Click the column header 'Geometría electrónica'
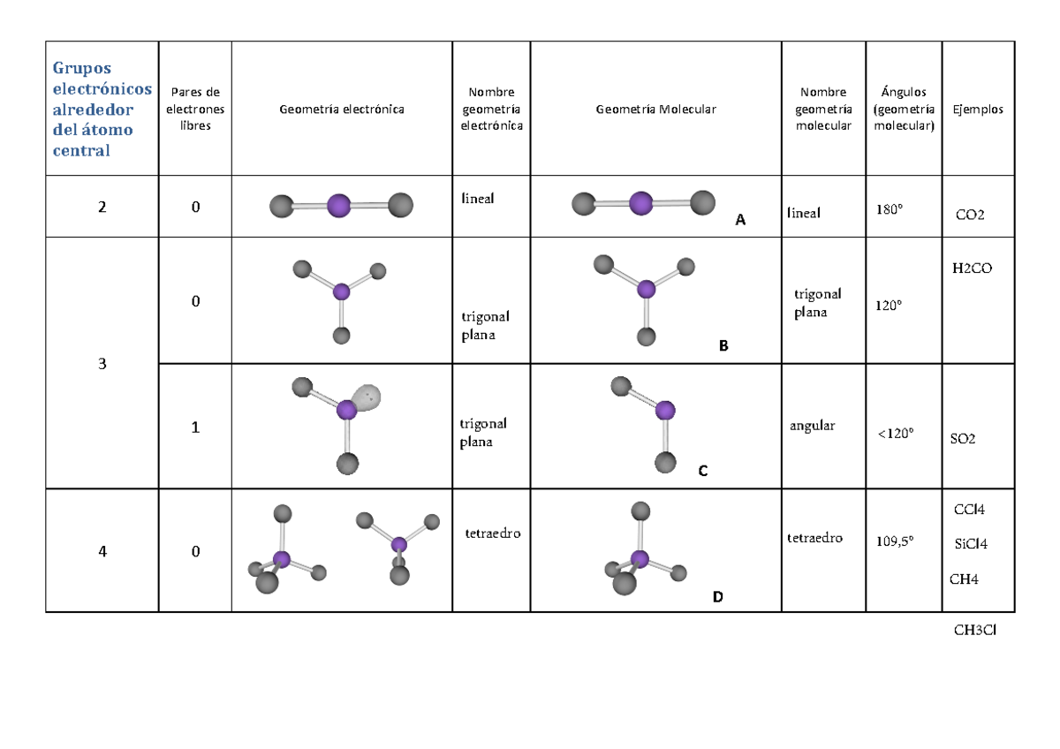[x=342, y=110]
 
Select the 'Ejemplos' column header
[x=978, y=110]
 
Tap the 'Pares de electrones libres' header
[x=195, y=109]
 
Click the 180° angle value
[x=890, y=209]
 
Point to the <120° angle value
[x=896, y=434]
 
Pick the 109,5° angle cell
[x=894, y=541]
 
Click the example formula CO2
[x=970, y=215]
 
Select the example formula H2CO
[x=972, y=269]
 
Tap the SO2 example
[x=963, y=439]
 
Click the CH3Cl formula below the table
[x=975, y=630]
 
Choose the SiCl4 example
[x=971, y=544]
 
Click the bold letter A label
[x=740, y=220]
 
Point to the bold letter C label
[x=703, y=471]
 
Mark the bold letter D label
[x=717, y=597]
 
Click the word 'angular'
[x=812, y=427]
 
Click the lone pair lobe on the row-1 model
[x=367, y=397]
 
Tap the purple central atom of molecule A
[x=641, y=203]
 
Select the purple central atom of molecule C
[x=665, y=410]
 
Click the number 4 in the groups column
[x=102, y=551]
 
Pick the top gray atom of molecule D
[x=640, y=511]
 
